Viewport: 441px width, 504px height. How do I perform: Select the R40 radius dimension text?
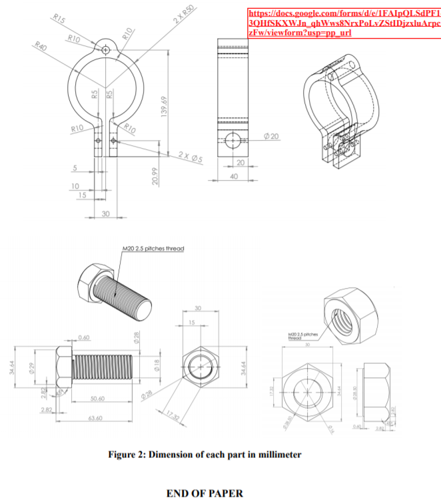41,48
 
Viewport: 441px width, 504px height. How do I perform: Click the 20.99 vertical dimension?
155,176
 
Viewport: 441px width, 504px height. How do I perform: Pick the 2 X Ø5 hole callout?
191,156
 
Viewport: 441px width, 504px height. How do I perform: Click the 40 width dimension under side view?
233,176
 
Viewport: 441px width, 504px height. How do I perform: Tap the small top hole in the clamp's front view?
107,48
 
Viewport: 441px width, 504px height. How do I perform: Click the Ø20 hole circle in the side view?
233,140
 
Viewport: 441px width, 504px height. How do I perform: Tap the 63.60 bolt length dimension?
95,418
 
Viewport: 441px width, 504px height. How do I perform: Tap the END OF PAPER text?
205,493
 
